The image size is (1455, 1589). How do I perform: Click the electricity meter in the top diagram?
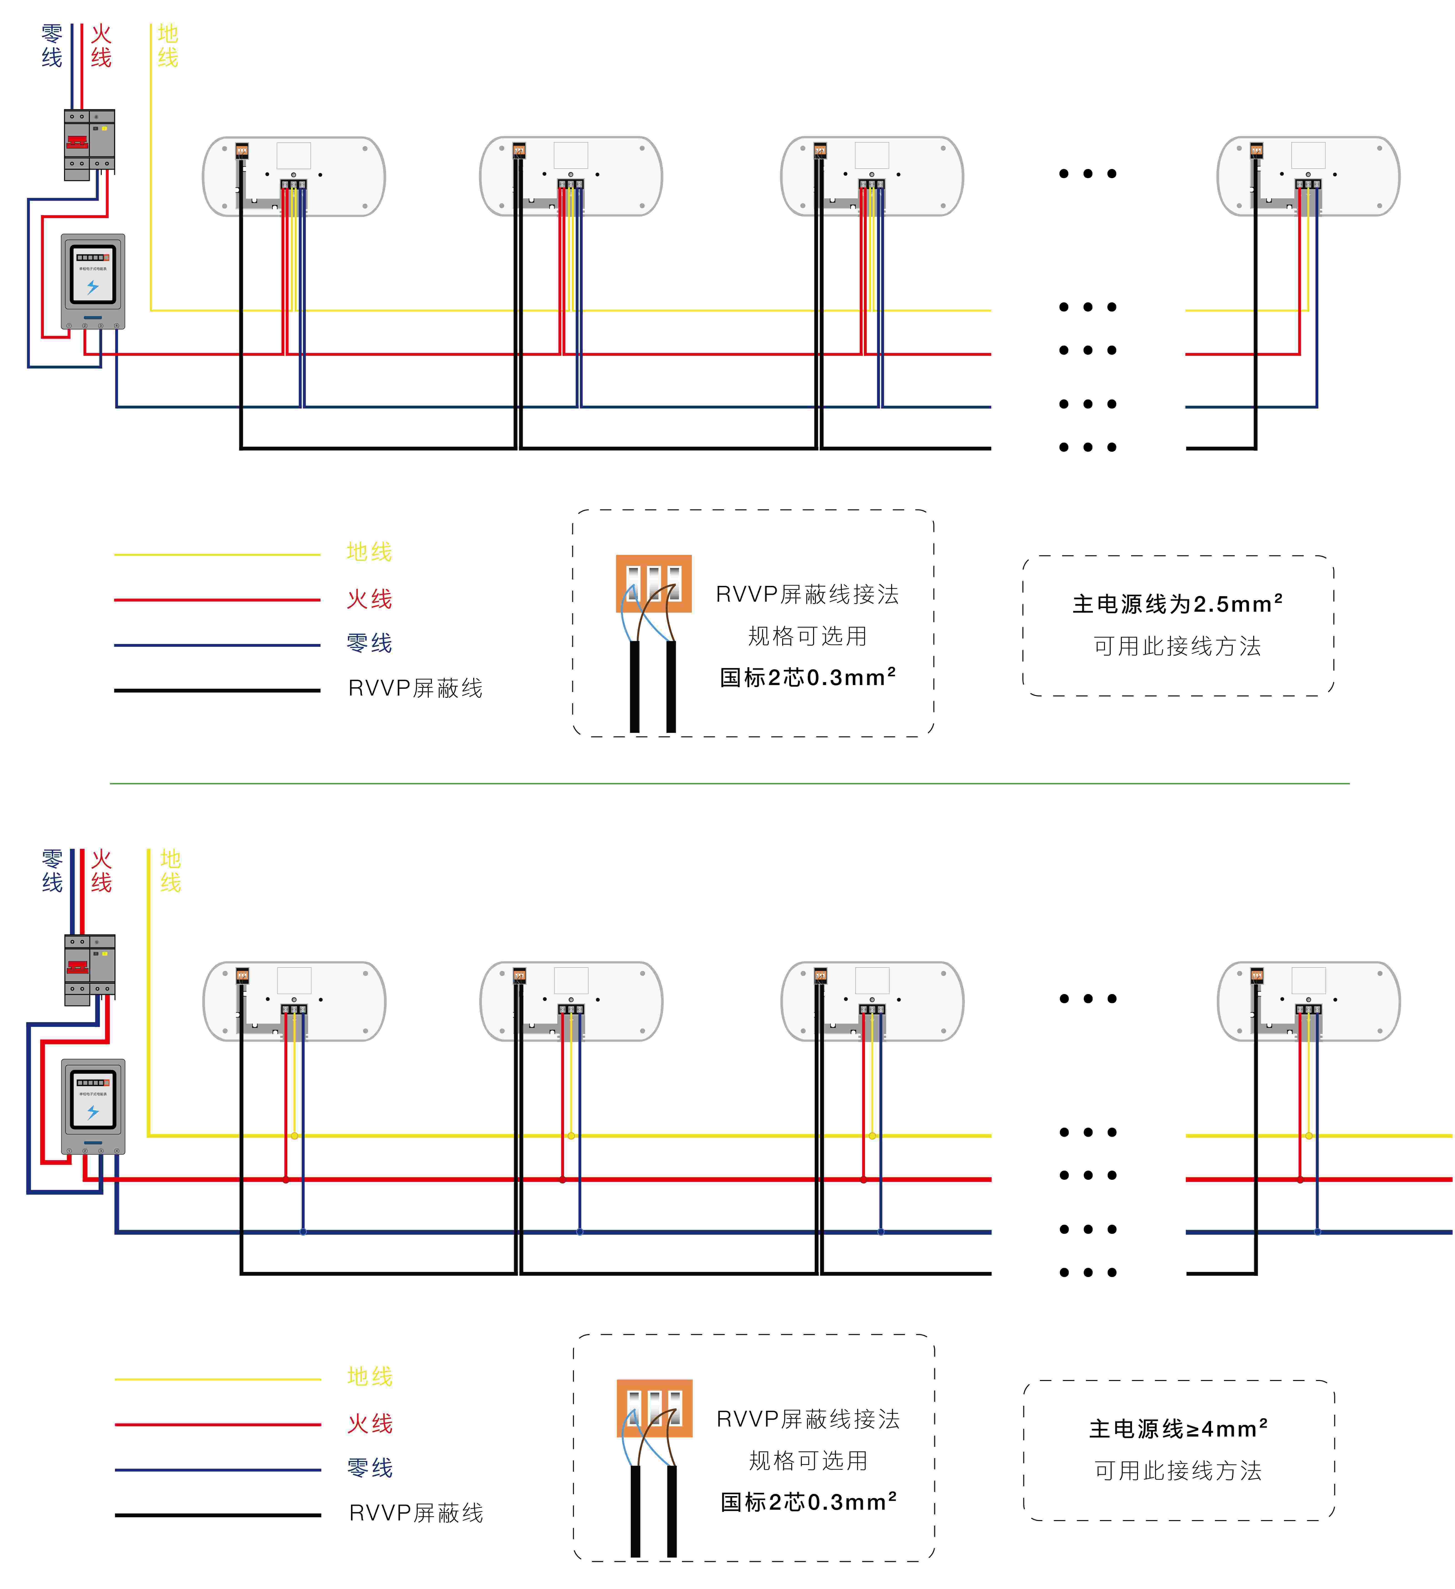(x=93, y=281)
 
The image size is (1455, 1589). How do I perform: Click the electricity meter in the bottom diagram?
(x=93, y=1107)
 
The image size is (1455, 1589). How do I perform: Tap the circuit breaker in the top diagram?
(x=89, y=144)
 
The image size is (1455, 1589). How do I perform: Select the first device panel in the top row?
(x=294, y=176)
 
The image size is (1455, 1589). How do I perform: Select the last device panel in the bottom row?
(x=1308, y=1001)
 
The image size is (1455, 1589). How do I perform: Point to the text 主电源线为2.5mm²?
(x=1177, y=604)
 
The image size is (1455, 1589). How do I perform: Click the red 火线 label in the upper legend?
(x=369, y=599)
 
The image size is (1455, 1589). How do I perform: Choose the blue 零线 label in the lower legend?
(x=370, y=1468)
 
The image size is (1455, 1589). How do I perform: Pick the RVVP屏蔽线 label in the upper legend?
(x=416, y=688)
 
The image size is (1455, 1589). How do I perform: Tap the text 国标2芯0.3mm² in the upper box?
(x=808, y=677)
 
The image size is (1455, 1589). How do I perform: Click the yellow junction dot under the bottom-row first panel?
(x=294, y=1136)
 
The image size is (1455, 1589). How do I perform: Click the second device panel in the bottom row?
(x=571, y=1001)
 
